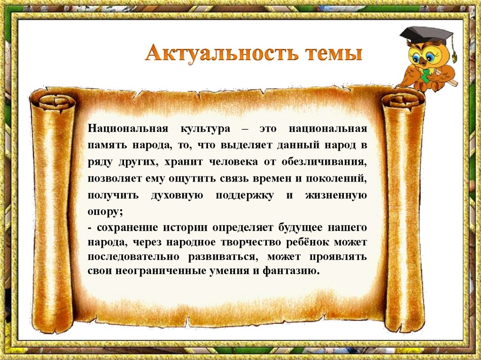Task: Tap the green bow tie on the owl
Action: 426,75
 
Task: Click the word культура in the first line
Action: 205,129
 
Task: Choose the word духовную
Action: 177,196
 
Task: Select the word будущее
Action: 296,228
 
